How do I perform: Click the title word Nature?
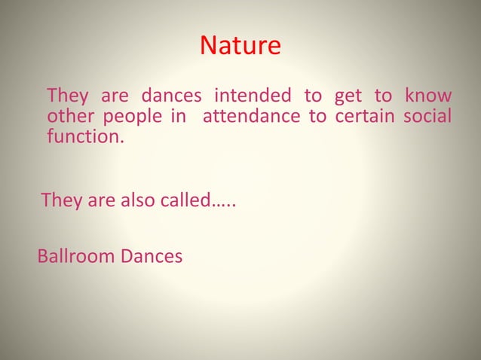(240, 47)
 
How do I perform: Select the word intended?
(253, 96)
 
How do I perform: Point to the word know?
(428, 96)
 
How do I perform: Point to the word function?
(84, 139)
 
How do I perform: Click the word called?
(179, 201)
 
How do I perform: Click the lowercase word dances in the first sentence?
(165, 96)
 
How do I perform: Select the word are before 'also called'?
(95, 202)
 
